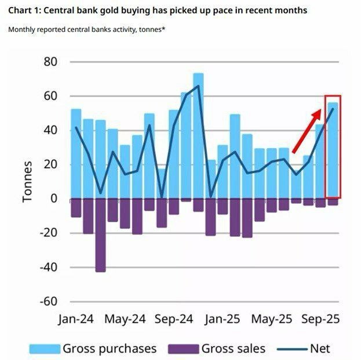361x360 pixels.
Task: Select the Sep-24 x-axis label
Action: (174, 319)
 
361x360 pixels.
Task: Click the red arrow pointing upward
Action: (307, 130)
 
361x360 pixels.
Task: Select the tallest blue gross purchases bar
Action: (198, 136)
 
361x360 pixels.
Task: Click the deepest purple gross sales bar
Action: (100, 234)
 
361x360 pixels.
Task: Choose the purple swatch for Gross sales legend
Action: (183, 348)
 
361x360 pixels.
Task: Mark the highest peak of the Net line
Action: (198, 86)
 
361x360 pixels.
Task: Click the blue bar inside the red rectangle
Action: (333, 150)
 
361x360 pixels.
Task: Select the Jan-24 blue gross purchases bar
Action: (76, 153)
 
